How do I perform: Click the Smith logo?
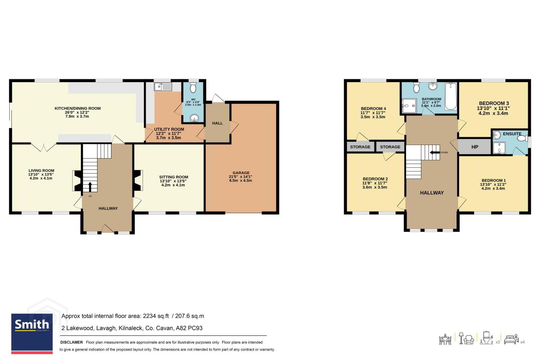tap(32, 334)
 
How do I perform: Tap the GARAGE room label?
tap(241, 173)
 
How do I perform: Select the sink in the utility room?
tap(163, 87)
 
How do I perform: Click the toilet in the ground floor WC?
tap(193, 88)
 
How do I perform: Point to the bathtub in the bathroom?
tap(451, 96)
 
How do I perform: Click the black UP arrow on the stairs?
tap(90, 187)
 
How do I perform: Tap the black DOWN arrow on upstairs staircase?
tap(435, 152)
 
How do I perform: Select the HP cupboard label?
tap(475, 147)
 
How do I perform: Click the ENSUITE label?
tap(512, 134)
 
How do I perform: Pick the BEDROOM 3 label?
tap(494, 103)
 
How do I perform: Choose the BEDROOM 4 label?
tap(373, 109)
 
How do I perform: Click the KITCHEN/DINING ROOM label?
tap(78, 108)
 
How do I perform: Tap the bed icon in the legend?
tap(511, 340)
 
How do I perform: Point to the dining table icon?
tap(445, 340)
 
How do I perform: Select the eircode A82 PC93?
tap(189, 328)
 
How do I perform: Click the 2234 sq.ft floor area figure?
tap(156, 316)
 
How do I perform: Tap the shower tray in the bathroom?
tap(409, 105)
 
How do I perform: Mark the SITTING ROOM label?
tap(174, 177)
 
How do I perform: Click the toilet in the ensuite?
tap(522, 138)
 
